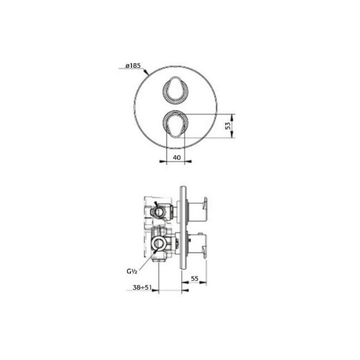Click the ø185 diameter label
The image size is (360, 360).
coord(133,66)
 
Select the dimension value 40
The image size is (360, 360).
coord(176,157)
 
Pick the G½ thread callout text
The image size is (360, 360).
coord(131,272)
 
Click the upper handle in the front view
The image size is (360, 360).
coord(176,89)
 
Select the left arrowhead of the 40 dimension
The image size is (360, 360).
coord(168,162)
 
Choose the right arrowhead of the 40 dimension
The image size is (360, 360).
coord(184,162)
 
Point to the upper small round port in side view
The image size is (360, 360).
coord(156,211)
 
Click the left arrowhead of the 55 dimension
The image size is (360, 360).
coord(183,284)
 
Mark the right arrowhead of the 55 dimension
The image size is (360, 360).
coord(205,284)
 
